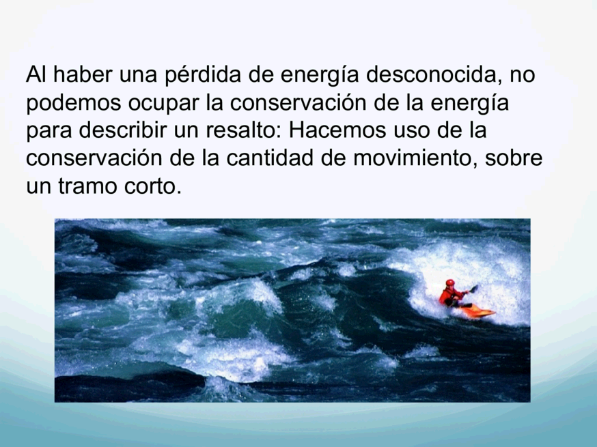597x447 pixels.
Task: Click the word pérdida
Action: tap(203, 75)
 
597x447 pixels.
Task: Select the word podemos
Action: tap(74, 103)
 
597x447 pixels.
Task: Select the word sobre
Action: tap(514, 158)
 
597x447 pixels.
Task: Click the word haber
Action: tap(83, 74)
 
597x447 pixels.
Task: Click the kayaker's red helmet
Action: tap(450, 283)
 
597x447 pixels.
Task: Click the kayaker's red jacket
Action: tap(450, 295)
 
